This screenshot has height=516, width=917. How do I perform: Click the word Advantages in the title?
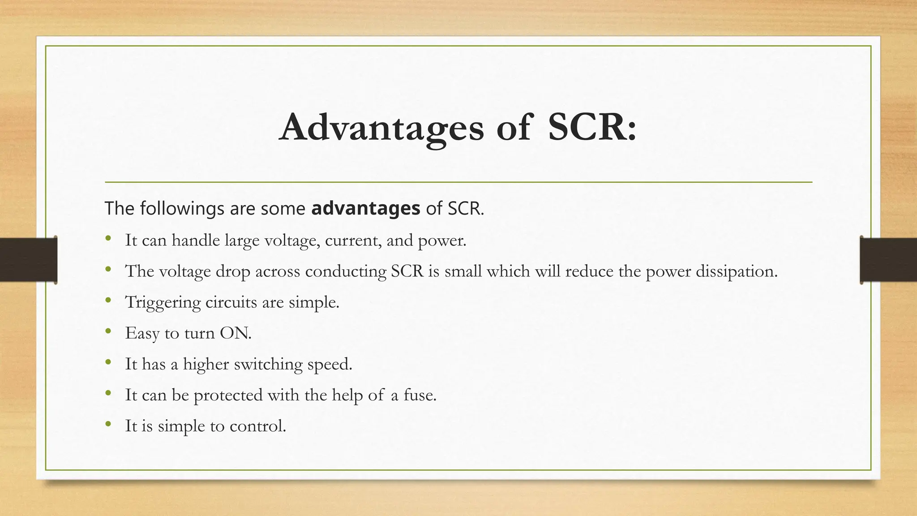pos(381,128)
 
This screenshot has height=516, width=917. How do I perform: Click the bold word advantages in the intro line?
pos(365,208)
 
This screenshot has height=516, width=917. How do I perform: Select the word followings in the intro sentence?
pos(182,209)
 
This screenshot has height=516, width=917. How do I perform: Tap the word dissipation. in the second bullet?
pos(737,271)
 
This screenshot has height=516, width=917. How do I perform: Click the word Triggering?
pos(163,302)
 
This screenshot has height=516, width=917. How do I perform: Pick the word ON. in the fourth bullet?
pos(236,333)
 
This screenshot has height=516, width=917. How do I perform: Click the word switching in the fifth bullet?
pos(268,364)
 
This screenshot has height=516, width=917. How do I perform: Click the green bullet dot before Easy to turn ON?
pos(108,331)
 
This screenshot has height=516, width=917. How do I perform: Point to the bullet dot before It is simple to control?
pos(108,424)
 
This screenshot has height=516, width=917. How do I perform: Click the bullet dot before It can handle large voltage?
pos(108,239)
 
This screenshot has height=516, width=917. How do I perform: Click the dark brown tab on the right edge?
pos(888,260)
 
